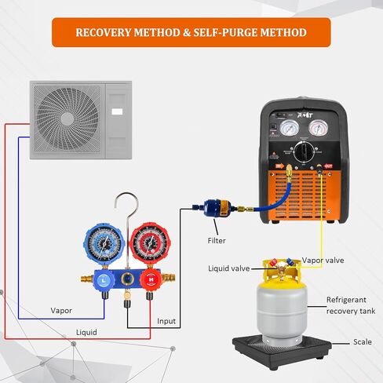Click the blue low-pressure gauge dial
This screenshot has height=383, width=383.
pos(104,242)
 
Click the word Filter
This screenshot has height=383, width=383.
pos(217,241)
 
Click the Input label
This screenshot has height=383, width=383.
pos(166,321)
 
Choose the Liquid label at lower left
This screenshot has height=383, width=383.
pos(86,333)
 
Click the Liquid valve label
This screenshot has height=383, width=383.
pos(228,268)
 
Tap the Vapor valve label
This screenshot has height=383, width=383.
pos(323,260)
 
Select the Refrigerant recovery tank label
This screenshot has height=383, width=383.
pos(349,305)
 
